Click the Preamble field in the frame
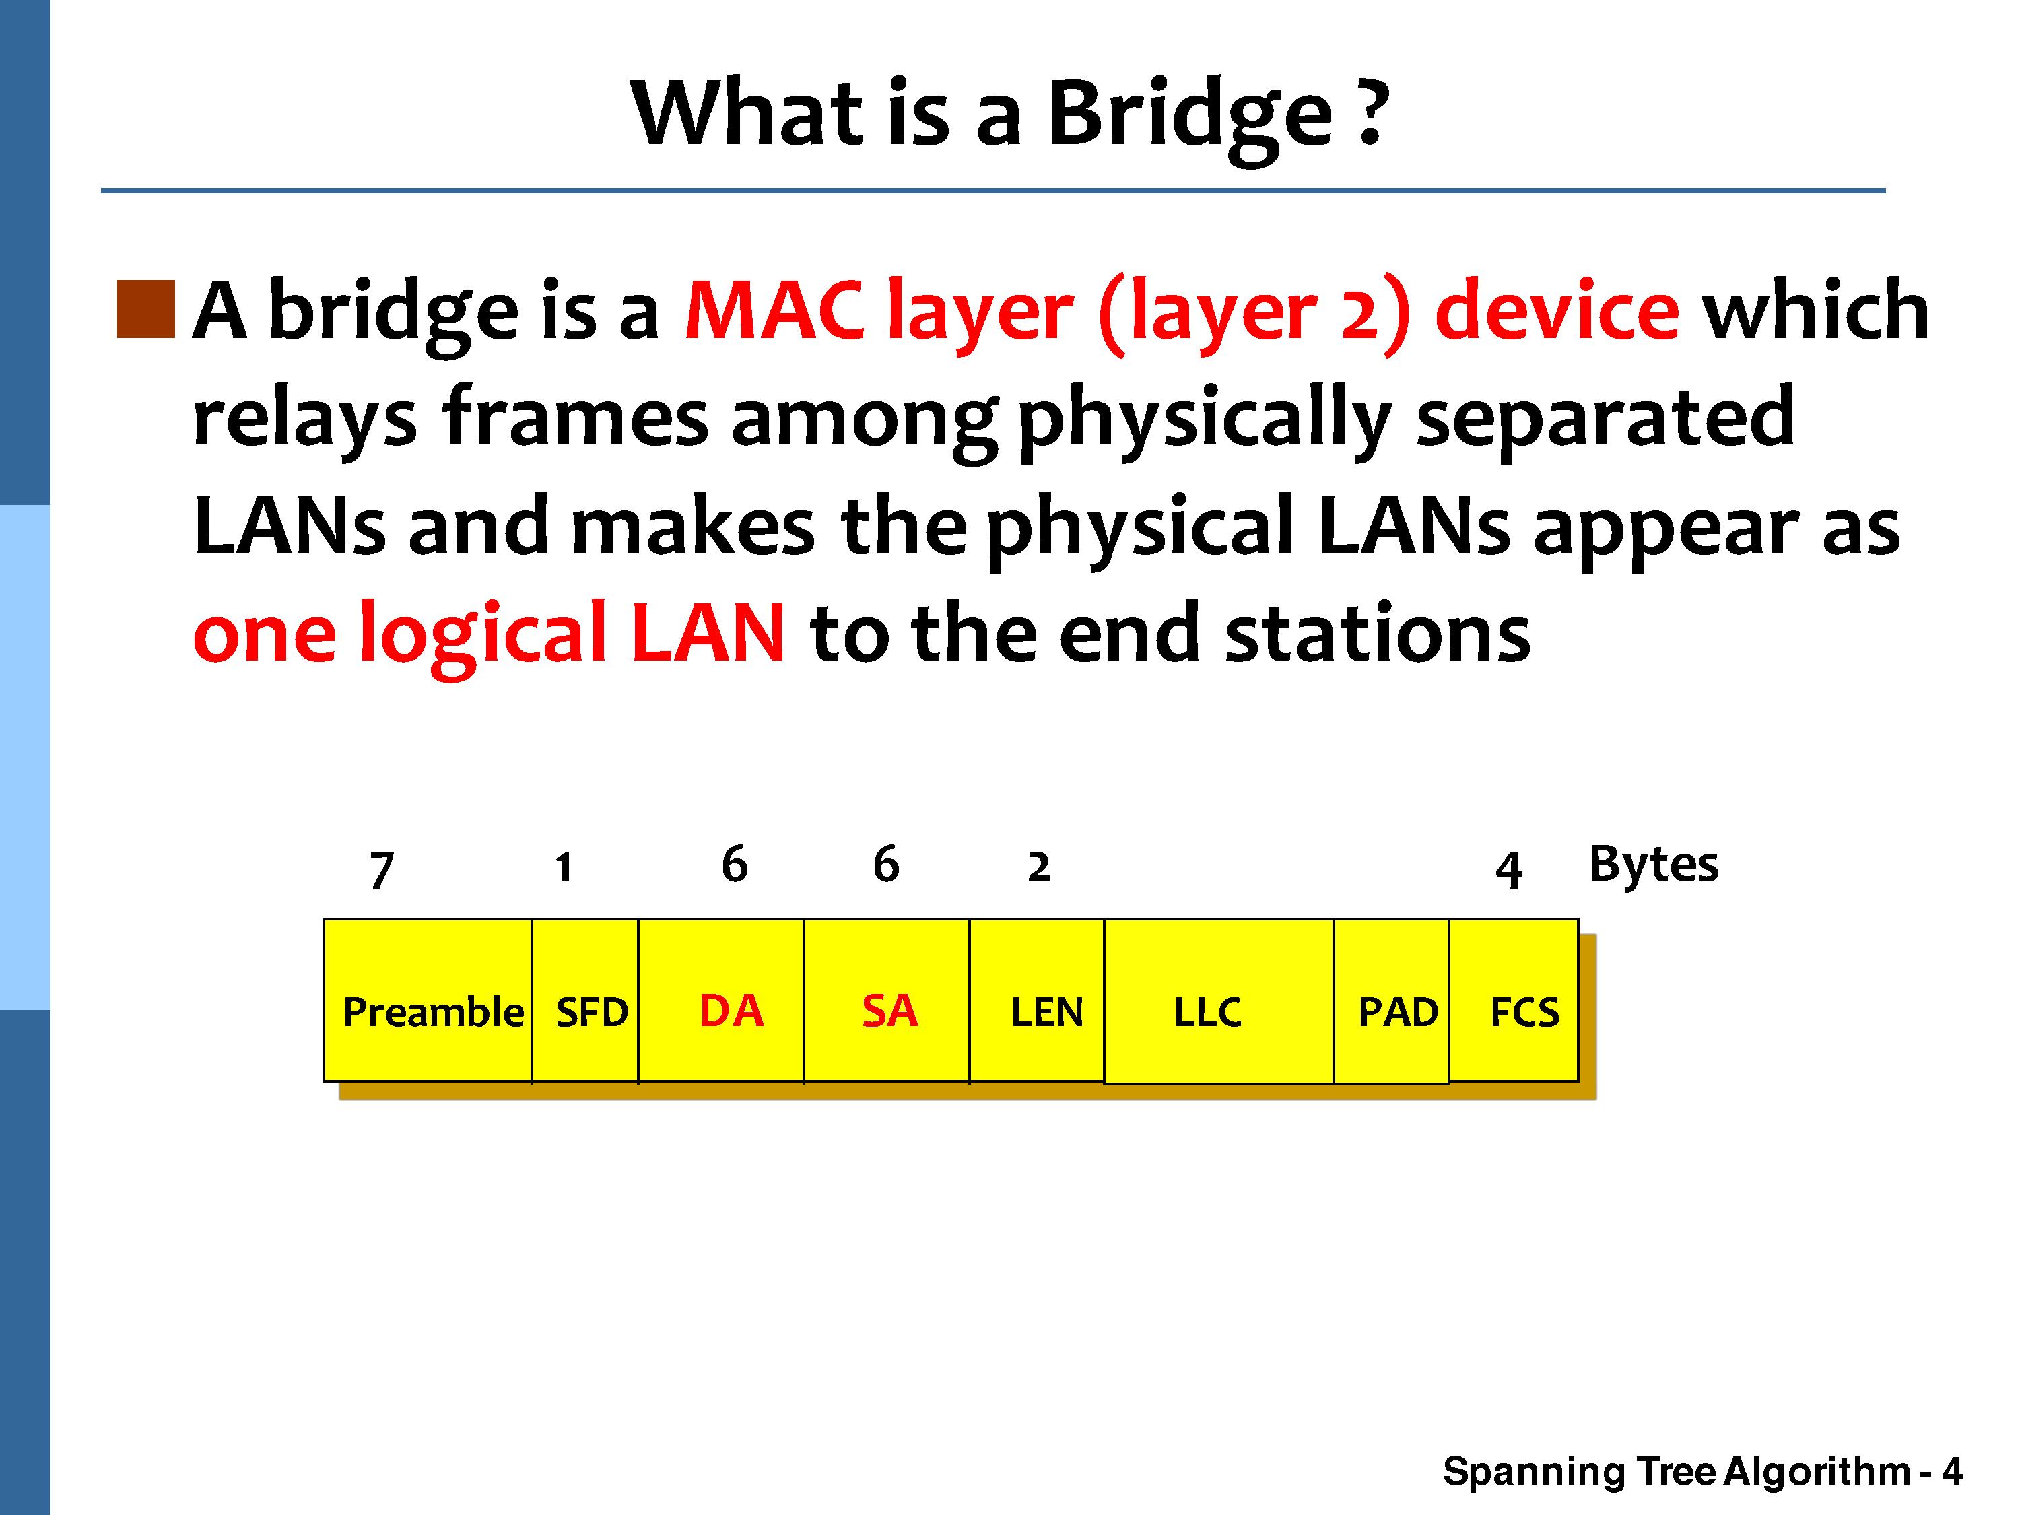[x=428, y=1001]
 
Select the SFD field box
[x=585, y=1001]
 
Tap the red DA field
[x=721, y=1001]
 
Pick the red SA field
[x=887, y=1001]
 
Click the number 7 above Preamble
[x=382, y=870]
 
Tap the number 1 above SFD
[x=564, y=867]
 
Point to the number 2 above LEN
[x=1039, y=867]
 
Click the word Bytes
[x=1654, y=865]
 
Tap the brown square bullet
[x=146, y=310]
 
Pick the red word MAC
[x=774, y=310]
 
